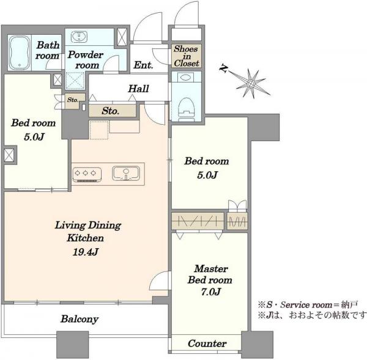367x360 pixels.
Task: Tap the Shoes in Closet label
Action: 186,56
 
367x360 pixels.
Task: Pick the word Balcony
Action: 80,319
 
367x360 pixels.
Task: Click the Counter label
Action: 207,343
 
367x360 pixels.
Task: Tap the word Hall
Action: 138,89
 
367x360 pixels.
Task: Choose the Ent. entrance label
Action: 143,65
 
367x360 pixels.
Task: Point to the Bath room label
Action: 47,50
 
